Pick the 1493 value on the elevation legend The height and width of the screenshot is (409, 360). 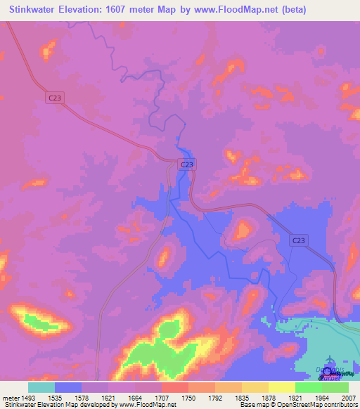pos(29,398)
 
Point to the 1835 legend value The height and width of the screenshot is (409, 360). pos(241,398)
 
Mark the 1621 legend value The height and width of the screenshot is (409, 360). pos(108,398)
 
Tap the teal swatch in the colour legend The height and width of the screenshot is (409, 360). pos(41,387)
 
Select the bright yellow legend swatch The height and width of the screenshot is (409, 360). pos(281,387)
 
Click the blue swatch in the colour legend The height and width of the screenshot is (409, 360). pos(68,387)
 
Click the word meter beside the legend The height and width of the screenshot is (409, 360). pos(9,398)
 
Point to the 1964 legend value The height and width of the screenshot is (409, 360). pos(321,398)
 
